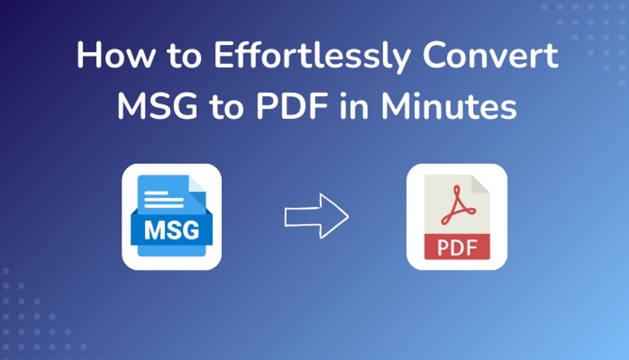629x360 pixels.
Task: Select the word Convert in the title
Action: click(490, 56)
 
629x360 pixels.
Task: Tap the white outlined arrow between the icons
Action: click(316, 216)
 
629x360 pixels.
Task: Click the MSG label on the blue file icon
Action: click(172, 230)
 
